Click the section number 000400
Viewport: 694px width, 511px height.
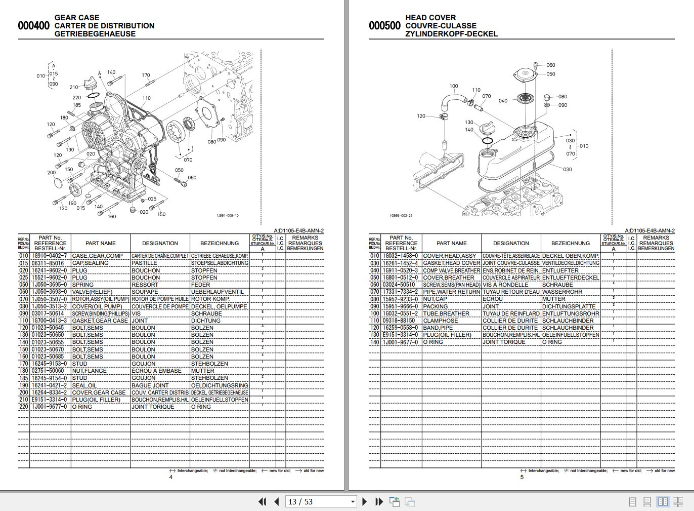click(33, 26)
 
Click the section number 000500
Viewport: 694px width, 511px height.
click(384, 26)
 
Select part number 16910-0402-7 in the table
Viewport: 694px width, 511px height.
click(50, 256)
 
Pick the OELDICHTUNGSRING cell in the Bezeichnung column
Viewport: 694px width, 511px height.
click(220, 385)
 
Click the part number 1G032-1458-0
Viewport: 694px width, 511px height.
click(400, 256)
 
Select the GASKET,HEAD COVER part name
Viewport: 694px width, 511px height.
click(451, 263)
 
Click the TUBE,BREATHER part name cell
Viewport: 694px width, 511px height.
click(446, 313)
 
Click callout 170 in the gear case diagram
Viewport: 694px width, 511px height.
click(146, 75)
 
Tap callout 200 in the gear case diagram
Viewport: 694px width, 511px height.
click(52, 173)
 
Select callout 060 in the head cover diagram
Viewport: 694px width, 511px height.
click(550, 65)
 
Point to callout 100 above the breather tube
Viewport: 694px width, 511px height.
click(454, 86)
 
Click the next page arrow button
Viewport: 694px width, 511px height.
click(365, 502)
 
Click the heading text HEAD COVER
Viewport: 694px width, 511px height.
click(430, 18)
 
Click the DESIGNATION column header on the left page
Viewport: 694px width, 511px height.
click(160, 243)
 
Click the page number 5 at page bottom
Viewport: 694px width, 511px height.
click(522, 477)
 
